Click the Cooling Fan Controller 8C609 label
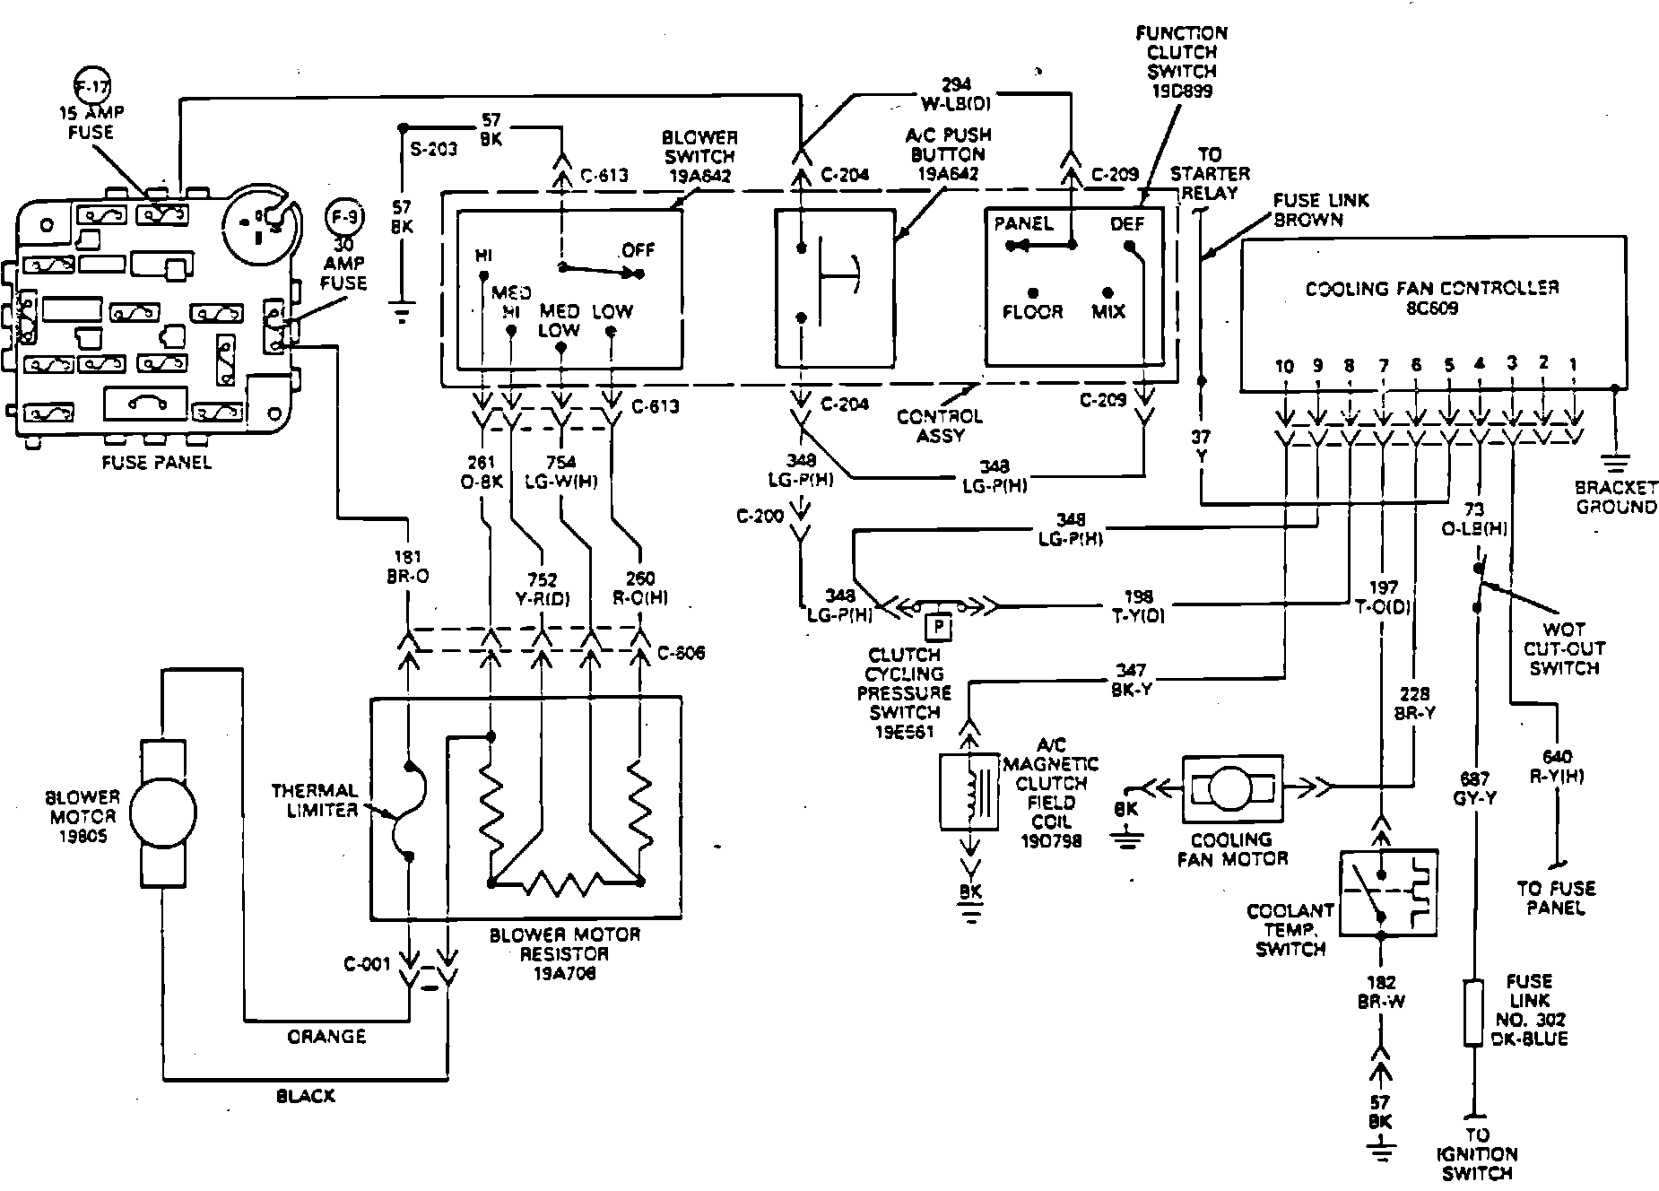click(x=1432, y=298)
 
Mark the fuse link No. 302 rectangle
click(x=1473, y=1013)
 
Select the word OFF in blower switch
click(x=638, y=250)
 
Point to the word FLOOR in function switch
click(x=1032, y=312)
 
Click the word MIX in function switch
click(x=1108, y=312)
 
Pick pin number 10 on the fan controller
click(x=1285, y=366)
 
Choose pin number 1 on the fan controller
click(x=1574, y=364)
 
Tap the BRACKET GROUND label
click(x=1616, y=497)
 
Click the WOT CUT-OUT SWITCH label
click(x=1564, y=648)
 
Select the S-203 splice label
click(x=434, y=149)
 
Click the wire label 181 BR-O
click(x=407, y=567)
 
